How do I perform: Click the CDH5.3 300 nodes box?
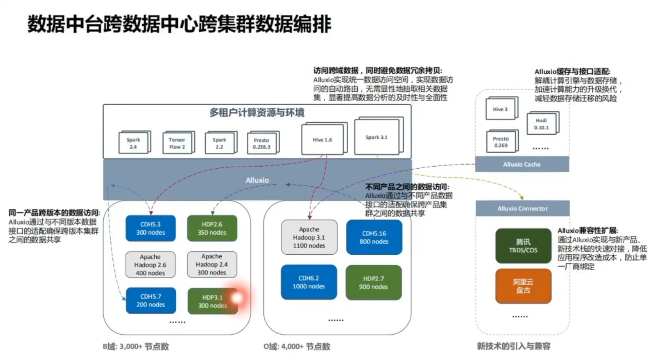[x=151, y=228]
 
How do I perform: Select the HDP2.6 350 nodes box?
[x=212, y=228]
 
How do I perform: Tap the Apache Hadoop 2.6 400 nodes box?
[x=150, y=265]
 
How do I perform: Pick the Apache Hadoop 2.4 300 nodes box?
[x=212, y=265]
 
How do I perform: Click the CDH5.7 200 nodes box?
[x=151, y=301]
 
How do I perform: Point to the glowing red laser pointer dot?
[x=237, y=298]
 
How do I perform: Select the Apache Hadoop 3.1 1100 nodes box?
[x=309, y=237]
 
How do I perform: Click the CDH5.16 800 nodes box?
[x=374, y=237]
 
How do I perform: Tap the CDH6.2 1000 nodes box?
[x=309, y=282]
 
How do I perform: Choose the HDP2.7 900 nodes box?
[x=373, y=282]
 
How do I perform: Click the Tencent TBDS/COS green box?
[x=523, y=246]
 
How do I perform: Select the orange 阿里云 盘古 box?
[x=523, y=286]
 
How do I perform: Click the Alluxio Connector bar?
[x=523, y=208]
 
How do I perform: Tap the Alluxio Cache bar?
[x=522, y=164]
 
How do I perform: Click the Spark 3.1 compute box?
[x=376, y=137]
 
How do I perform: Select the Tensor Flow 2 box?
[x=177, y=143]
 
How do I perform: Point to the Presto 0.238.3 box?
[x=262, y=143]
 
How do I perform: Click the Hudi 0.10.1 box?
[x=541, y=124]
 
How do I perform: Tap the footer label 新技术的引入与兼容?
[x=513, y=346]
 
